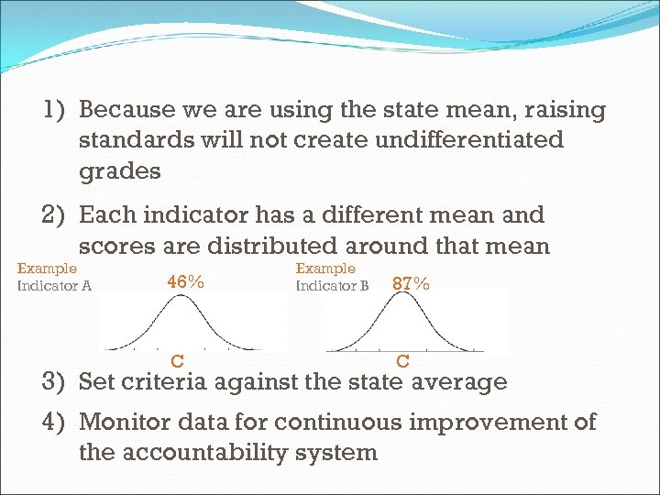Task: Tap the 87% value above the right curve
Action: pos(411,283)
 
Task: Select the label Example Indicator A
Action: pos(54,277)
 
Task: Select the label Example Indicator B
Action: pos(332,277)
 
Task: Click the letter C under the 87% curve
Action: pos(402,361)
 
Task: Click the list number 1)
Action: pos(57,110)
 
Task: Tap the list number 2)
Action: pos(57,215)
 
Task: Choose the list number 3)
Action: pos(57,381)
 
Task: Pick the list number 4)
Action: pos(57,422)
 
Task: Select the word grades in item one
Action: pos(119,171)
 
